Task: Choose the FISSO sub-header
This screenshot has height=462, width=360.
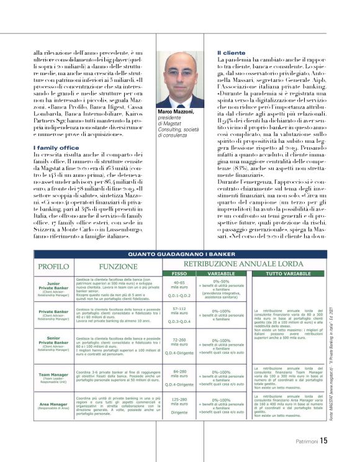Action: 179,273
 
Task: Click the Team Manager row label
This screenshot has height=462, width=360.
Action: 53,375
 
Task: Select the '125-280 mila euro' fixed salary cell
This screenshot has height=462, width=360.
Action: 179,402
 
